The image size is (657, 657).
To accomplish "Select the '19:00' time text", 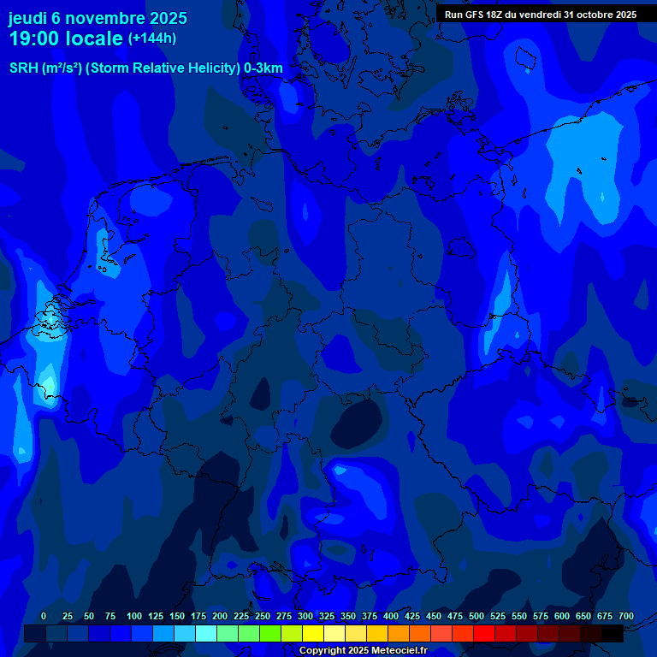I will point(33,38).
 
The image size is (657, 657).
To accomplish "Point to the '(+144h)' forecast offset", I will point(152,38).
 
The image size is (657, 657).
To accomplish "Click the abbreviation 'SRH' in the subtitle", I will point(24,68).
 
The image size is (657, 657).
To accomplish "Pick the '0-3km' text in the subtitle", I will point(263,68).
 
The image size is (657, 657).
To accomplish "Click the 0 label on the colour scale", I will point(44,616).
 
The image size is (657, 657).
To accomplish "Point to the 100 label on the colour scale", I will point(134,616).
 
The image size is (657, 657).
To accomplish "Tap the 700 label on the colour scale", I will point(626,616).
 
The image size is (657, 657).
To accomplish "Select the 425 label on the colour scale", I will point(412,616).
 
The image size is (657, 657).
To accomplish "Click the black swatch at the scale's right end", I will point(613,633).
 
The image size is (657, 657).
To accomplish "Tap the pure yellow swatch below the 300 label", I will point(313,633).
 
